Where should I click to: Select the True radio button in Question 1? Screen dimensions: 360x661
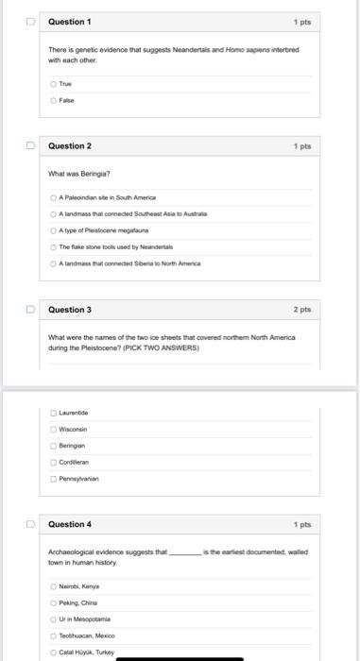pos(53,84)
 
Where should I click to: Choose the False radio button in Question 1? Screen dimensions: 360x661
pos(53,99)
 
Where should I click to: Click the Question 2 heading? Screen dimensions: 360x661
pos(70,146)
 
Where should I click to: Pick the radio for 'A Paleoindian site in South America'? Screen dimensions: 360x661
pos(53,197)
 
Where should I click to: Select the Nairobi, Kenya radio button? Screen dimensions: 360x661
pos(53,586)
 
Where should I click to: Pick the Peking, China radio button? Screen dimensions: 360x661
pos(53,602)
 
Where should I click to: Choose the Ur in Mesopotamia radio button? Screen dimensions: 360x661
pos(53,619)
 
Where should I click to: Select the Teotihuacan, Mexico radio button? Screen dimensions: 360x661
pos(53,635)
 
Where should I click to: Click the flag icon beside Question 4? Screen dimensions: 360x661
pos(31,524)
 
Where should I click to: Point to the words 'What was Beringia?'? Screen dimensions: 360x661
pos(79,174)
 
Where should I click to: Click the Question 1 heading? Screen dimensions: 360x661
pos(70,21)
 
